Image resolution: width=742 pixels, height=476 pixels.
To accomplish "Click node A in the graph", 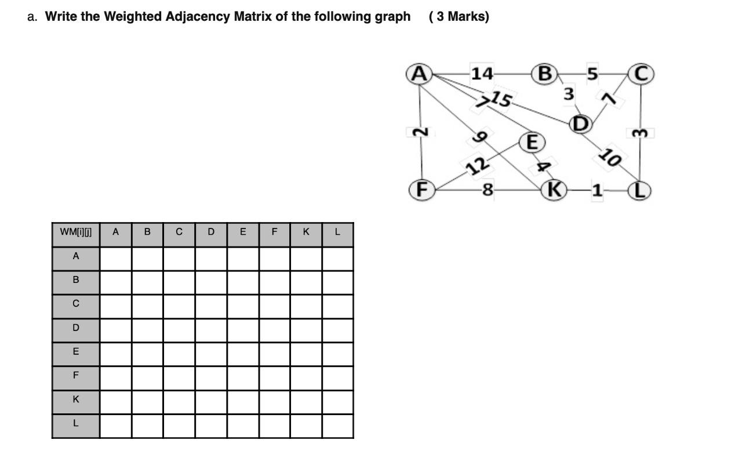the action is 419,74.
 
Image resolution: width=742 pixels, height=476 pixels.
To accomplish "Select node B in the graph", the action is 545,74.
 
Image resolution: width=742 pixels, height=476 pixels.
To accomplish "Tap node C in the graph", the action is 641,74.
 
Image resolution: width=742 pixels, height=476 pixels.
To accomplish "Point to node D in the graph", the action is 580,123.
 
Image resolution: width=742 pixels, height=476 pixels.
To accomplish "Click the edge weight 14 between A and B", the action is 482,74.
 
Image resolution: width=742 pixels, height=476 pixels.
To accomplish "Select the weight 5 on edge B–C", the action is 592,74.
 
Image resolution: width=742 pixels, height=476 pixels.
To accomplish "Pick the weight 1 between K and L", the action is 597,190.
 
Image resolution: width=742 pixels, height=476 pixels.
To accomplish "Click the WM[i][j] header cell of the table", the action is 76,232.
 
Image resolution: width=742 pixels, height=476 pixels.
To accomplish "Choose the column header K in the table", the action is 306,232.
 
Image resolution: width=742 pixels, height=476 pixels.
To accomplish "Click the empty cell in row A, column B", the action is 147,256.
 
